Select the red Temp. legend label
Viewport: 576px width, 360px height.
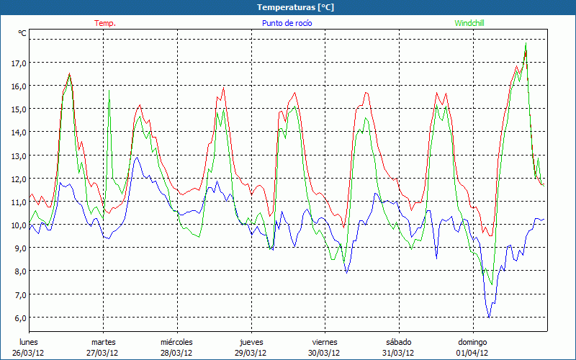pos(104,23)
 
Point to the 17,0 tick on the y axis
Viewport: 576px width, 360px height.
pos(19,63)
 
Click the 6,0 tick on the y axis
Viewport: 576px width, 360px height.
pos(19,318)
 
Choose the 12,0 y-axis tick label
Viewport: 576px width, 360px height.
pos(19,179)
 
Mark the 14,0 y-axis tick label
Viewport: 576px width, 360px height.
pos(19,132)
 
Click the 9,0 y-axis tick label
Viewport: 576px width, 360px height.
pos(19,248)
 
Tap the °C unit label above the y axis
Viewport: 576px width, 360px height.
pos(22,33)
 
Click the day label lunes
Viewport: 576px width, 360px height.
pos(29,342)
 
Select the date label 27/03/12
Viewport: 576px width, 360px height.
pos(104,353)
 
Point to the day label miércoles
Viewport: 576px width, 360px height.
pos(176,342)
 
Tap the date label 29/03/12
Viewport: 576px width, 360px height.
pos(251,353)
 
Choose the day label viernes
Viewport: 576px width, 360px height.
pos(325,342)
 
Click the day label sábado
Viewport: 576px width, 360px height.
pos(398,342)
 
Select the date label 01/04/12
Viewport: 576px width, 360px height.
pos(472,353)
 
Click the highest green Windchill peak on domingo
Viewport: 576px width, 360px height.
pos(526,43)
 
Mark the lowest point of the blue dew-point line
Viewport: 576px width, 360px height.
pos(489,317)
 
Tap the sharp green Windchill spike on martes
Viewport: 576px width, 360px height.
pos(109,91)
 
